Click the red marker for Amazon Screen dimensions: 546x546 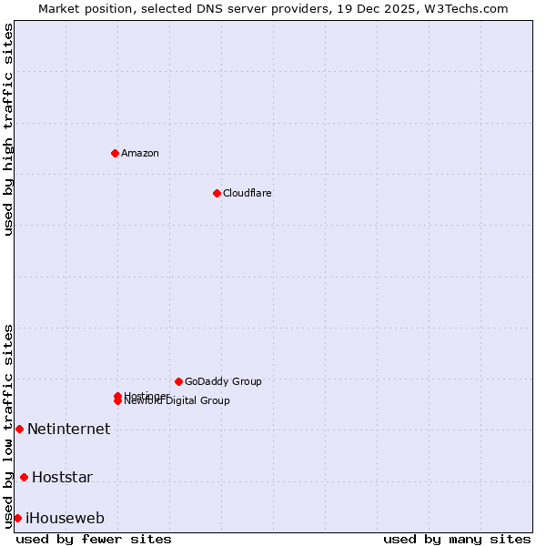click(x=115, y=153)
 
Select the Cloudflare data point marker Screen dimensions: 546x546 click(x=217, y=193)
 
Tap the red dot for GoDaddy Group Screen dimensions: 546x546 click(x=178, y=381)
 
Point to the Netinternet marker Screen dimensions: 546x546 click(x=19, y=429)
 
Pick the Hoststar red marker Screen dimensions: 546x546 click(x=24, y=477)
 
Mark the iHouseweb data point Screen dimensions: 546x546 click(x=17, y=518)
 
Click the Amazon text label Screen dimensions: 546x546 click(x=140, y=153)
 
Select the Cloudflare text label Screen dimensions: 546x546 click(x=248, y=193)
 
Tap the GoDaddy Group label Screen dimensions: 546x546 click(x=223, y=381)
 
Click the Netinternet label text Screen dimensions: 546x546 click(x=69, y=429)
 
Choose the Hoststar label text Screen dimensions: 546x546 click(x=62, y=477)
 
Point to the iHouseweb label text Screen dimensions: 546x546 click(x=65, y=518)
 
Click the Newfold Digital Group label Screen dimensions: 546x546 click(x=178, y=401)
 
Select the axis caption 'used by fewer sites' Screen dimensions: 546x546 click(x=94, y=539)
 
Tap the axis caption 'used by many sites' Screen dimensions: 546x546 click(x=457, y=539)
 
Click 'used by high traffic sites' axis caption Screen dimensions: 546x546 click(x=8, y=129)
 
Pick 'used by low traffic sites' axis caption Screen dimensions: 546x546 click(x=8, y=425)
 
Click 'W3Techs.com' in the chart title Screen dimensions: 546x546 click(x=470, y=8)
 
